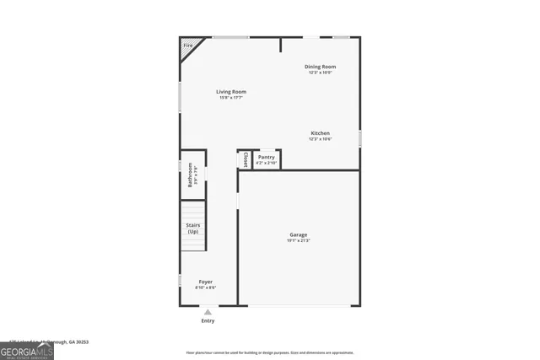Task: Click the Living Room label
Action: click(230, 91)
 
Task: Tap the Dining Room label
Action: click(320, 66)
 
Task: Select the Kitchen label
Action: click(320, 133)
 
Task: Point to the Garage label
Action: click(298, 234)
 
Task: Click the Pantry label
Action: click(266, 157)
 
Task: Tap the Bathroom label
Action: click(190, 175)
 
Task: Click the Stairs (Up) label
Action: click(192, 228)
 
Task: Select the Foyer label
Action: click(205, 282)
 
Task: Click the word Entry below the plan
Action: click(208, 320)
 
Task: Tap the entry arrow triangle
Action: click(208, 312)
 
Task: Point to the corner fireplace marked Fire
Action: click(188, 46)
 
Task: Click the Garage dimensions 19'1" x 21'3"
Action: click(298, 241)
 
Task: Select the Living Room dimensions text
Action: click(230, 98)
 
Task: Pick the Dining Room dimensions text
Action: click(320, 73)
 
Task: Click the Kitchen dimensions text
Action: click(320, 139)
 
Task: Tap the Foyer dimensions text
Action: click(205, 288)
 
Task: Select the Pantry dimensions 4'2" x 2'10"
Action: click(266, 163)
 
